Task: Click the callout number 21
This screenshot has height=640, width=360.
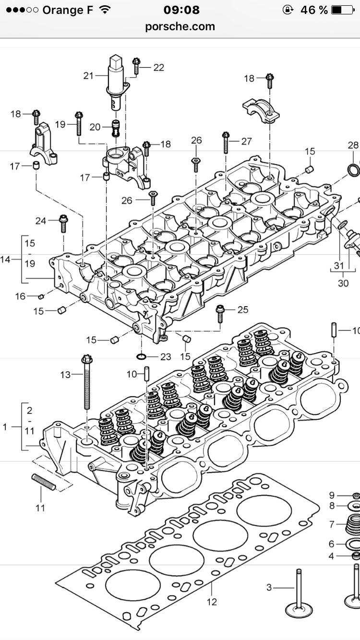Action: [x=88, y=76]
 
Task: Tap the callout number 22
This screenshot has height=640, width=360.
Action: [x=159, y=68]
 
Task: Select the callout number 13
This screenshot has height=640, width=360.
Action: [x=65, y=375]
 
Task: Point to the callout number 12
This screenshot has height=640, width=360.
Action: [x=212, y=602]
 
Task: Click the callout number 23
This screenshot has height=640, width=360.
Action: [x=166, y=357]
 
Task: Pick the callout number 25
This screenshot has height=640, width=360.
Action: [x=243, y=310]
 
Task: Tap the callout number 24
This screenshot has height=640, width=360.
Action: [x=41, y=221]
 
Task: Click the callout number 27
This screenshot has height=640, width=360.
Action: [x=246, y=141]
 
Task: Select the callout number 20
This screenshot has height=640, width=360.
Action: [x=95, y=127]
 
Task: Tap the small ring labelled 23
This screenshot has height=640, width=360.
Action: [x=142, y=356]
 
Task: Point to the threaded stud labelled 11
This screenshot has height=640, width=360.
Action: [x=44, y=482]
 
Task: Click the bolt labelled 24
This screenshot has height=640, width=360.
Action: [x=63, y=224]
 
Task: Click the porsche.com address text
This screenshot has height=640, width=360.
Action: [x=180, y=26]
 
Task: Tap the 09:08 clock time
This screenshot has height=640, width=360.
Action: [x=181, y=10]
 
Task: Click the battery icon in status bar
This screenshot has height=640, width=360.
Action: [x=342, y=10]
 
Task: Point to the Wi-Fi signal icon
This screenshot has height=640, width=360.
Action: [x=105, y=10]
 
